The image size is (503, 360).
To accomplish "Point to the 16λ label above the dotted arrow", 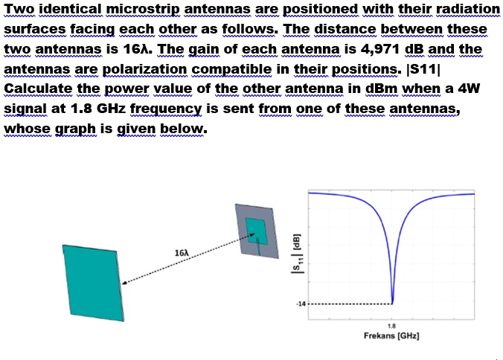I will click(181, 254).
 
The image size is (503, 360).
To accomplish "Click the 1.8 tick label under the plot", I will click(391, 326).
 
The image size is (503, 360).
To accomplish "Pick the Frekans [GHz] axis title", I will click(391, 336).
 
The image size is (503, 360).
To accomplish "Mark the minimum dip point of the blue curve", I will click(392, 302).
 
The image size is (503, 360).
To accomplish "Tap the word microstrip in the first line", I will click(144, 10).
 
